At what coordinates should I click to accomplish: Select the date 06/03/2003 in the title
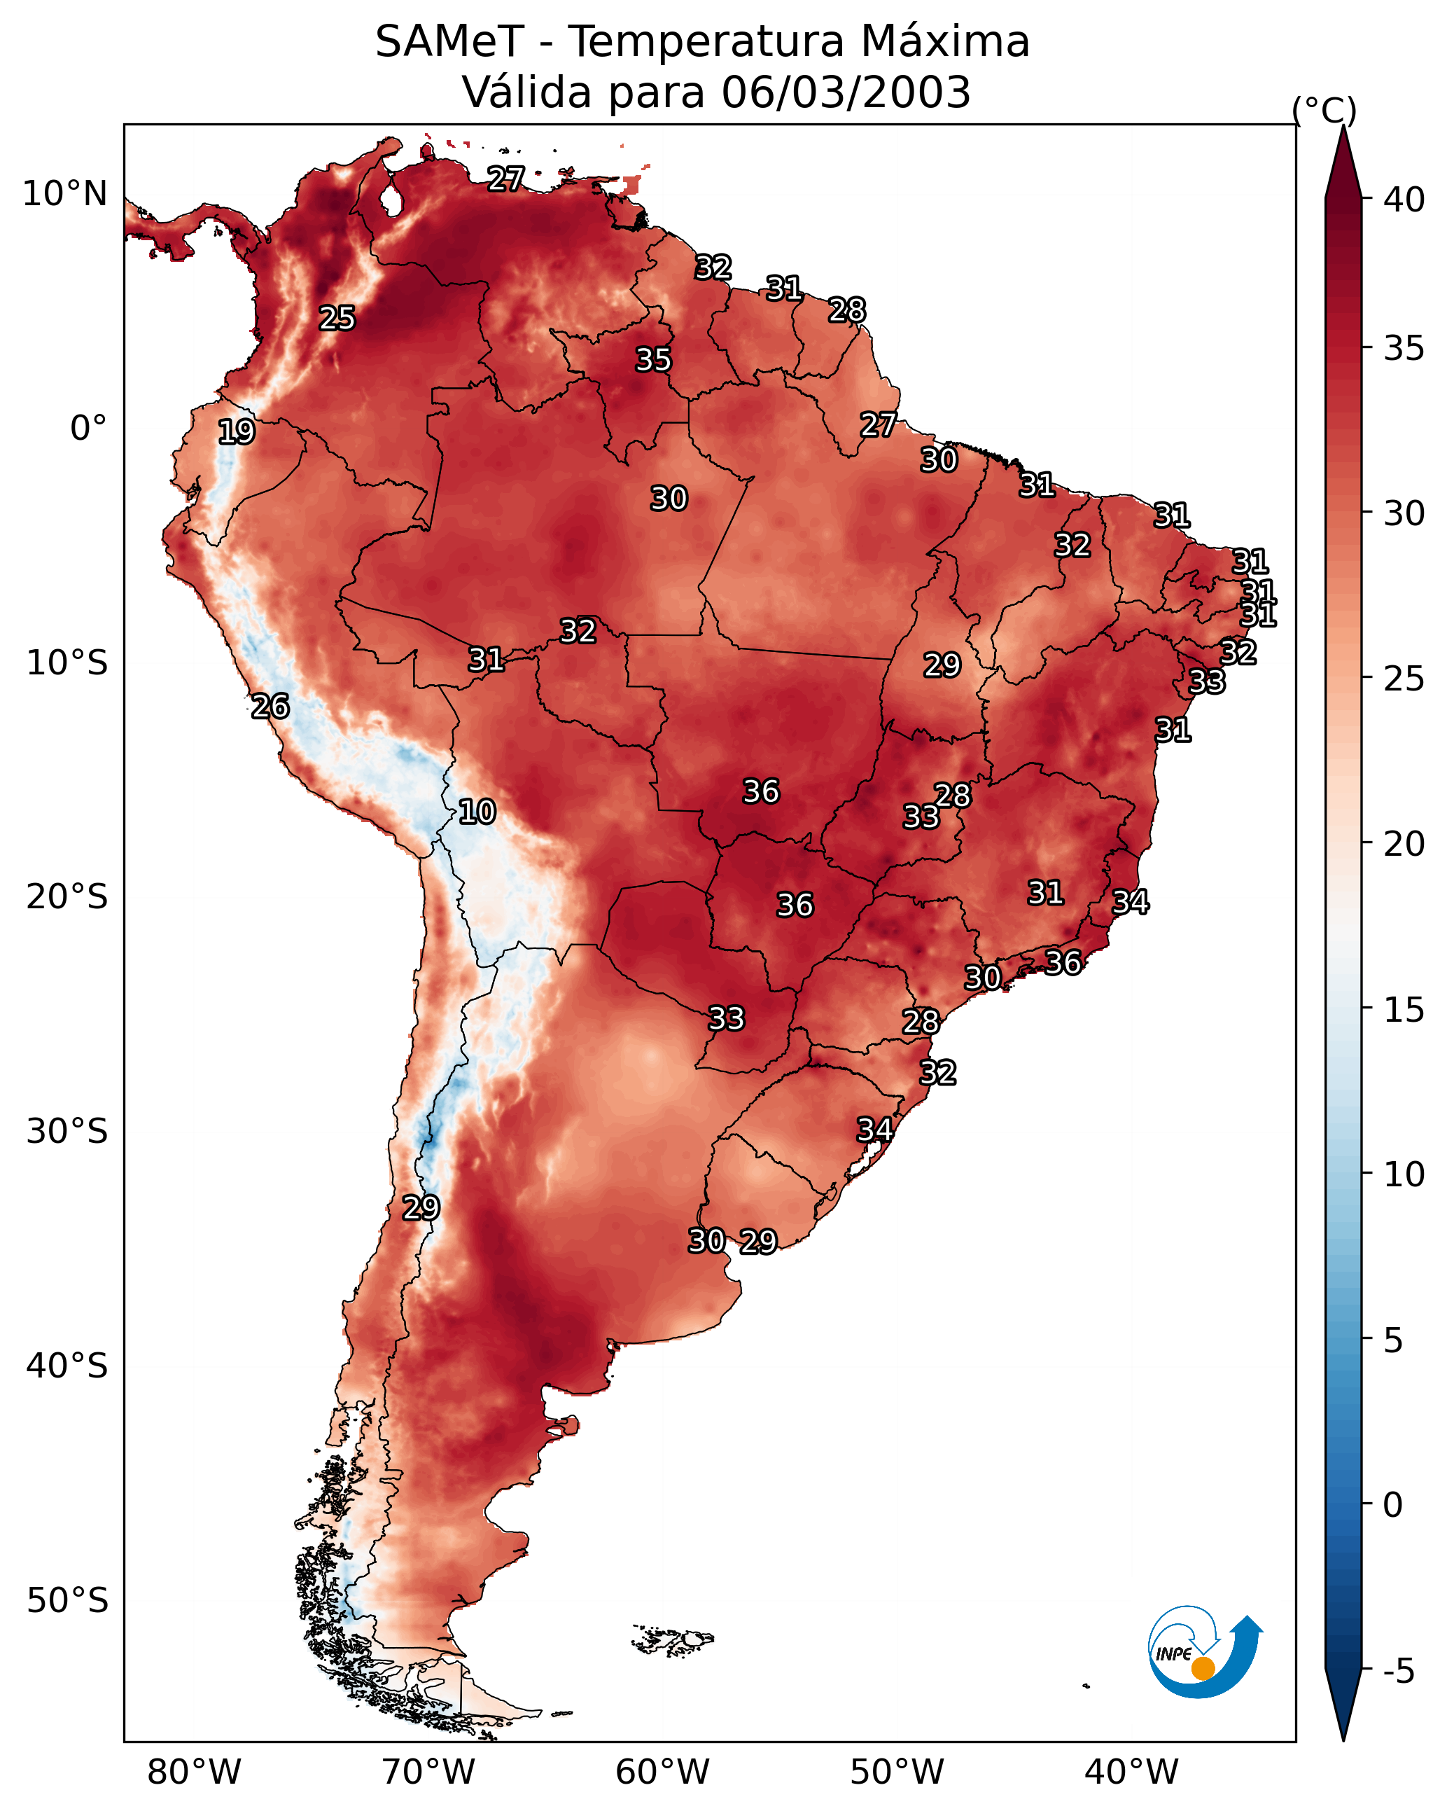tap(846, 92)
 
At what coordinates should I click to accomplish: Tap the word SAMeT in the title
tap(449, 42)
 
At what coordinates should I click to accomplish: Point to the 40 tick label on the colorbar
tap(1404, 200)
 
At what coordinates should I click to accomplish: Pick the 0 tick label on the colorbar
tap(1392, 1505)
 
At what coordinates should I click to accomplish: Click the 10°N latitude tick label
tap(64, 194)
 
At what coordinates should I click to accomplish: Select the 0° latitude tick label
tap(88, 429)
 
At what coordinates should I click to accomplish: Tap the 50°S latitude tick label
tap(67, 1601)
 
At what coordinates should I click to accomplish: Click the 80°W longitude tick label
tap(194, 1772)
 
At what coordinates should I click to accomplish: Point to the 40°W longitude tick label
tap(1131, 1772)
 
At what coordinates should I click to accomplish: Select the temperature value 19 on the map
tap(236, 432)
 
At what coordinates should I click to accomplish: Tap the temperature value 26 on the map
tap(270, 707)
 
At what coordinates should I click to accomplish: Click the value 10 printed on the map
tap(477, 812)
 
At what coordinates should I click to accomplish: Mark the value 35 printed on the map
tap(652, 359)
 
